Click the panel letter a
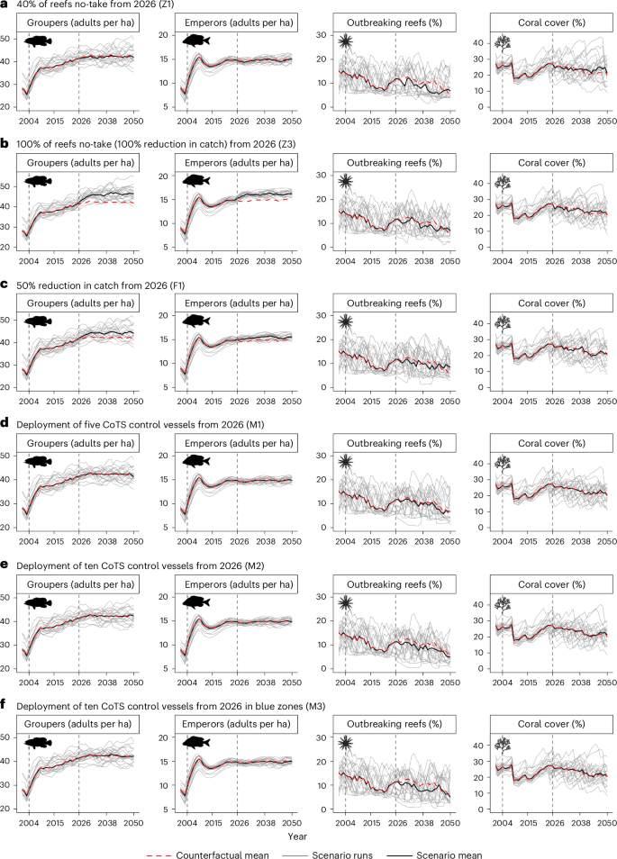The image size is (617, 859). click(5, 5)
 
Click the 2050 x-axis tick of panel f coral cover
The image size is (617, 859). click(606, 821)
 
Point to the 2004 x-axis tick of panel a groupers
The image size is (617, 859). click(29, 119)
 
